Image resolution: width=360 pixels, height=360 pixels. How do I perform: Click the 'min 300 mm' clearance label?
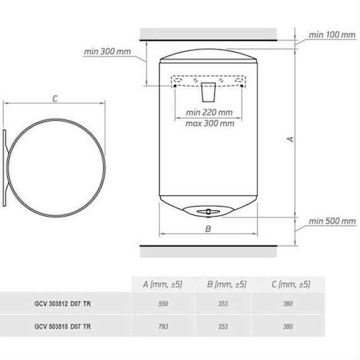pyautogui.click(x=107, y=52)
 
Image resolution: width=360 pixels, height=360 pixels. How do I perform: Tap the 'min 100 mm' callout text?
pyautogui.click(x=332, y=35)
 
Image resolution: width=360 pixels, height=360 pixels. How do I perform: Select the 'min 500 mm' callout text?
pyautogui.click(x=332, y=221)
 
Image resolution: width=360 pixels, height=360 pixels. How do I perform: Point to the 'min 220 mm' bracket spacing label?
pyautogui.click(x=209, y=112)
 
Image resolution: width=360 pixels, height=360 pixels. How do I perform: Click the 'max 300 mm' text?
pyautogui.click(x=210, y=124)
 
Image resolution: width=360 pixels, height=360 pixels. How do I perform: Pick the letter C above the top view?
pyautogui.click(x=55, y=99)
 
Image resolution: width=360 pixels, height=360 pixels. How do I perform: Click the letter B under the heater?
pyautogui.click(x=208, y=229)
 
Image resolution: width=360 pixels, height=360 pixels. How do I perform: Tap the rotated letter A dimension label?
pyautogui.click(x=291, y=139)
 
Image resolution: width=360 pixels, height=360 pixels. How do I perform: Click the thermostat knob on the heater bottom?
pyautogui.click(x=208, y=211)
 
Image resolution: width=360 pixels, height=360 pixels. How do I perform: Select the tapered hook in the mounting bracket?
pyautogui.click(x=208, y=92)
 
